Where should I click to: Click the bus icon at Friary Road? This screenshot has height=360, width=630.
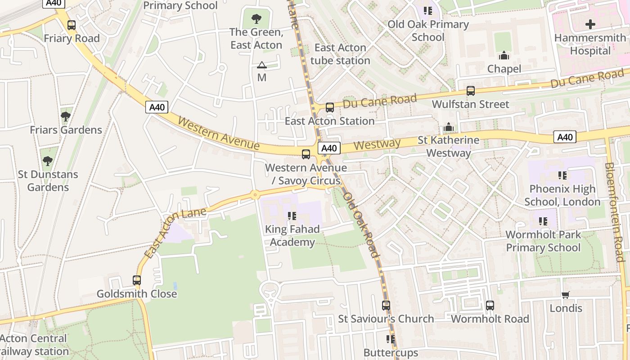click(x=71, y=25)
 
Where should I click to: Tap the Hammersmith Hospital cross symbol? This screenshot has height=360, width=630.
click(x=590, y=24)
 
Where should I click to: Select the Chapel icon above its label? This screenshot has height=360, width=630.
click(x=504, y=55)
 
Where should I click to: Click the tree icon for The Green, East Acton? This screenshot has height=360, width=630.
click(x=256, y=19)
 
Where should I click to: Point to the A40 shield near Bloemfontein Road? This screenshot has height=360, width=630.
click(x=565, y=137)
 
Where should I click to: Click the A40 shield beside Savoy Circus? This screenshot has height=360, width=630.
click(x=329, y=148)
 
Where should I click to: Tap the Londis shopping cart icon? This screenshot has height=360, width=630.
click(x=566, y=295)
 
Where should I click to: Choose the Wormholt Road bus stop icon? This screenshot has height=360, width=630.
click(x=490, y=306)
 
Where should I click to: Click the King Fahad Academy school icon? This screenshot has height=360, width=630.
click(x=292, y=216)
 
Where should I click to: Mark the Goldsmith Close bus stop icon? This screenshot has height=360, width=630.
click(x=137, y=280)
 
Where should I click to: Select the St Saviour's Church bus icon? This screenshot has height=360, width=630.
click(x=386, y=306)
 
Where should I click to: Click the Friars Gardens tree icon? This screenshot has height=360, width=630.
click(x=66, y=117)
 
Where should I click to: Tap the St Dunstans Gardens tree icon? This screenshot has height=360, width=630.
click(x=48, y=161)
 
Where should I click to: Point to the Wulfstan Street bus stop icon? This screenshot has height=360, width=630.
click(x=470, y=91)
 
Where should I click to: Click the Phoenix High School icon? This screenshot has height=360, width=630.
click(x=562, y=175)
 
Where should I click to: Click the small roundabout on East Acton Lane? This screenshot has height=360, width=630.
click(x=255, y=195)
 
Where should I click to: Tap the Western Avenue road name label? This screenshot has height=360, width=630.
click(x=219, y=134)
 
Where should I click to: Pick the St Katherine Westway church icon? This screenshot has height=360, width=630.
click(x=448, y=127)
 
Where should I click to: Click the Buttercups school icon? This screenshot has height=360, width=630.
click(x=390, y=339)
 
